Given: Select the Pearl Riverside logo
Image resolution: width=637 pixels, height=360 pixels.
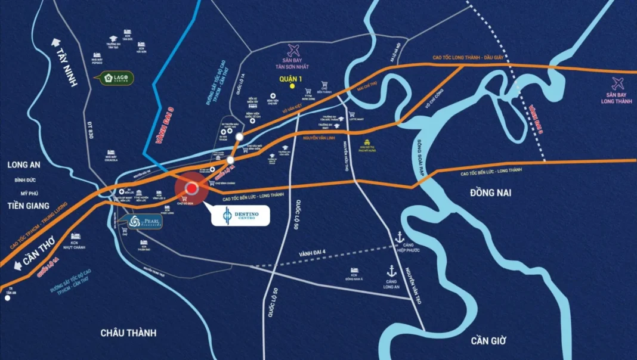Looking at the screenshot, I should pos(144,221).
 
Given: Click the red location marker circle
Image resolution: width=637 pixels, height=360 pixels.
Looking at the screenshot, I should pos(191,189).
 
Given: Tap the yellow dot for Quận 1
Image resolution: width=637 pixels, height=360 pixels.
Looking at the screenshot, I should pos(292,86).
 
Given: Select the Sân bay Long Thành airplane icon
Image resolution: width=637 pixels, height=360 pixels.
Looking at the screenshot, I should pos(618,83).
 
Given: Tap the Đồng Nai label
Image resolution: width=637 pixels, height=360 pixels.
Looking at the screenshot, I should pos(490,193).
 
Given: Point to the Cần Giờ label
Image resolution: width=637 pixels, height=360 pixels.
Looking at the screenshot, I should pos(488,340).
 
